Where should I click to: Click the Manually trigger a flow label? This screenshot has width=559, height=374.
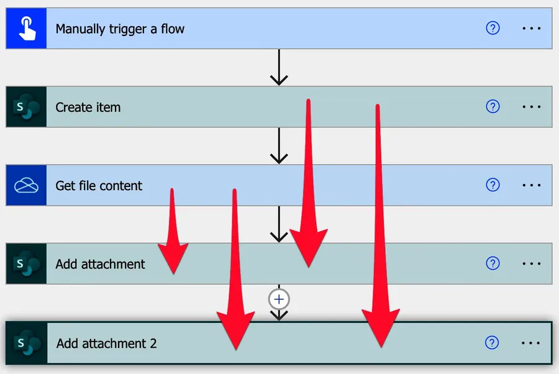click(120, 29)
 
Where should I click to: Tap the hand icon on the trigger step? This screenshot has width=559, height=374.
click(26, 29)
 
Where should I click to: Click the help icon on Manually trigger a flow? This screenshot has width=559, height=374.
click(493, 28)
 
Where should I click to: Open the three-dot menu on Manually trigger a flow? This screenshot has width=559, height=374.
click(532, 29)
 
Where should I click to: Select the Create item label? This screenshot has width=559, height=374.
click(88, 107)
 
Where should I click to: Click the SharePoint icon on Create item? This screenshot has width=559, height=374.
click(26, 107)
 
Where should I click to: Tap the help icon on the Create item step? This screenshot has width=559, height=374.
click(493, 107)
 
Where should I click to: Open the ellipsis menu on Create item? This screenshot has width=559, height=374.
click(532, 107)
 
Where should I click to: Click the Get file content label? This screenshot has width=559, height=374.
click(99, 185)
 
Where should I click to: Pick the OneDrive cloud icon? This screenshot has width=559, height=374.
click(26, 185)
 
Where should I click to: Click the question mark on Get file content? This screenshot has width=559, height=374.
click(493, 185)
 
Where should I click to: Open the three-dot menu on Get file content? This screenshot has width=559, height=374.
click(532, 185)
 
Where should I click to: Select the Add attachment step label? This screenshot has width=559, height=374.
click(100, 264)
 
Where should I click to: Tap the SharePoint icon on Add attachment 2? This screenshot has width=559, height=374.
click(27, 343)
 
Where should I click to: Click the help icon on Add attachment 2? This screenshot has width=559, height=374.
click(492, 342)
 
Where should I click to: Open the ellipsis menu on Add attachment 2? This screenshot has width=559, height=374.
click(532, 342)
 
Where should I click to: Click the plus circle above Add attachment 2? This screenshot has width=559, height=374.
click(279, 299)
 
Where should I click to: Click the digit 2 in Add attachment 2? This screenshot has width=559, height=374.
click(153, 343)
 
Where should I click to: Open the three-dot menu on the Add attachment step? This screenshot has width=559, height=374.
click(532, 264)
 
